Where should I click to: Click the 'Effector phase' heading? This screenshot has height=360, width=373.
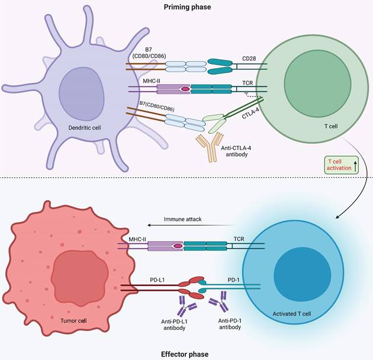(185, 354)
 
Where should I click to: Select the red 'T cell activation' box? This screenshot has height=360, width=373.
(343, 165)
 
